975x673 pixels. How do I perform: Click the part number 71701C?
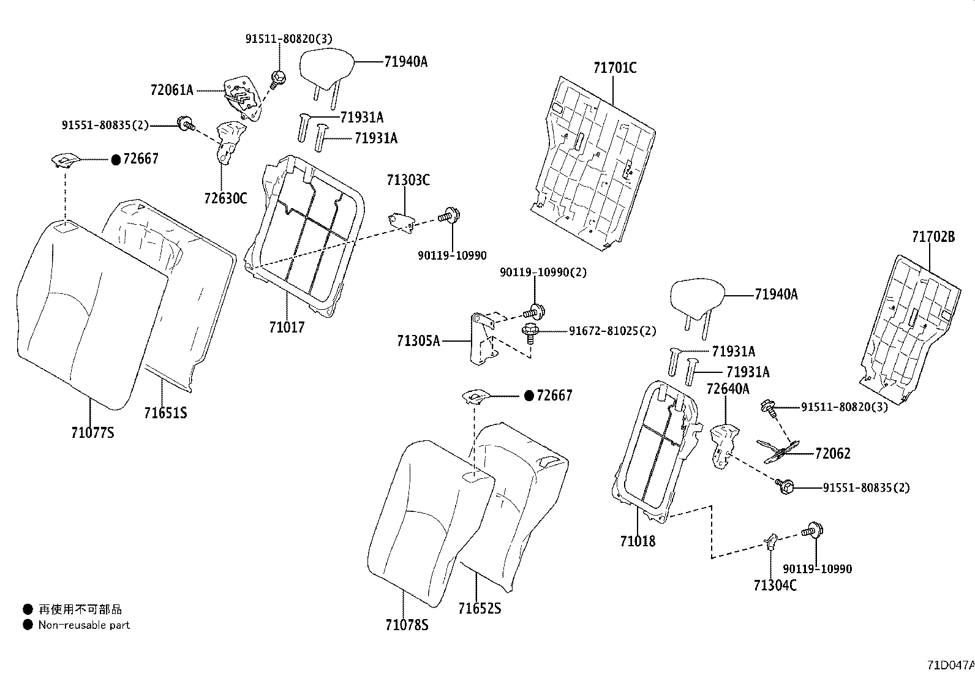click(615, 68)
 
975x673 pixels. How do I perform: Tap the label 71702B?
click(933, 237)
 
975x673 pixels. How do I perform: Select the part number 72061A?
click(171, 90)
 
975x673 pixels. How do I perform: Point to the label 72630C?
click(225, 198)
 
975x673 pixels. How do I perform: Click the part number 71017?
click(287, 328)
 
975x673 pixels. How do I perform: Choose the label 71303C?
click(408, 180)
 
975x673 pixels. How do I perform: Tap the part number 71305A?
click(418, 341)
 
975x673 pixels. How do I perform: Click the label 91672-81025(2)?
click(612, 331)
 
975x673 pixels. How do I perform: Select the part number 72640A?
click(728, 389)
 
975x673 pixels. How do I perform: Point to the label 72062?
click(833, 454)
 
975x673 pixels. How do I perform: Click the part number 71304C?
click(775, 585)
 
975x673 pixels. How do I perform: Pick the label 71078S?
click(407, 625)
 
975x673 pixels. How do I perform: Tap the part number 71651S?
click(165, 413)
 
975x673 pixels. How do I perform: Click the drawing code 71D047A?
click(951, 665)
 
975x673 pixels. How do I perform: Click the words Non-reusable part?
click(84, 625)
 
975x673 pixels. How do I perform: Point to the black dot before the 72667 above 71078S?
click(529, 396)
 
